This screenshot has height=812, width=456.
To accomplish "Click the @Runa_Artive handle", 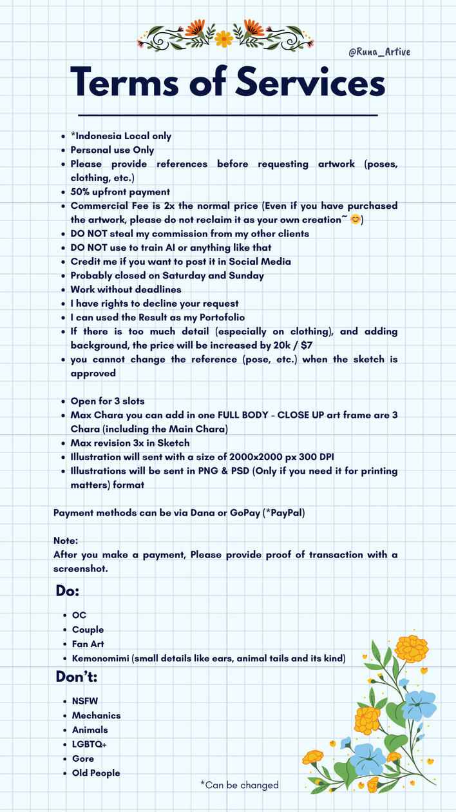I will coord(379,52).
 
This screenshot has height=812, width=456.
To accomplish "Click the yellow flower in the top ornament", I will coord(224,39).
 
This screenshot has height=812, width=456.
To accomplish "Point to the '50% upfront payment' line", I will coord(120,191).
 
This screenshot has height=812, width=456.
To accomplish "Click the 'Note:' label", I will coord(66,541).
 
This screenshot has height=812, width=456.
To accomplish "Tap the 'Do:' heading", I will coord(68,591).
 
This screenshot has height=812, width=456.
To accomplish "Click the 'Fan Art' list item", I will coord(88,644).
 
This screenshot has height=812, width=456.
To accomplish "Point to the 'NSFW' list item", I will coord(85,701).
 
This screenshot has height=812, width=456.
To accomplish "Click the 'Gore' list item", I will coord(83,759).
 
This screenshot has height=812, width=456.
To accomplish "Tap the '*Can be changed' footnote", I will coord(239,785).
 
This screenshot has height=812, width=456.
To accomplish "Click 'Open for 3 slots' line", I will coord(108,401).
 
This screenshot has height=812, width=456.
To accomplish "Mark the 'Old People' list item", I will coord(96,773).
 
